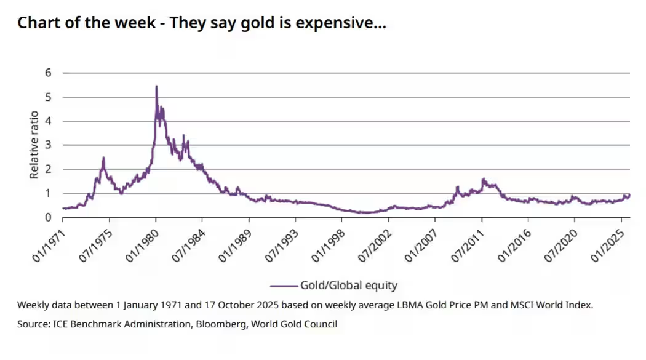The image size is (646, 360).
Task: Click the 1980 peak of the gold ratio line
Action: (x=156, y=87)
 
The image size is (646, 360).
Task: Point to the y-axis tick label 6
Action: (x=49, y=73)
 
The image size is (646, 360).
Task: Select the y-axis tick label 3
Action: (x=49, y=145)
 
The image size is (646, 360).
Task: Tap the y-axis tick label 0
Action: (x=49, y=217)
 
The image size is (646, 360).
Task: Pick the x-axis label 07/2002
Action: (x=376, y=241)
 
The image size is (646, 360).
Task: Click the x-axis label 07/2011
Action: (x=469, y=241)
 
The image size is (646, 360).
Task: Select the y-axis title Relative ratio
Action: (x=34, y=145)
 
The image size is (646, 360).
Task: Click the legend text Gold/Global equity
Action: (x=348, y=286)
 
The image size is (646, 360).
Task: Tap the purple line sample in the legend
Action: (x=283, y=286)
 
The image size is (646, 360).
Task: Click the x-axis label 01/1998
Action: (x=329, y=241)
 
